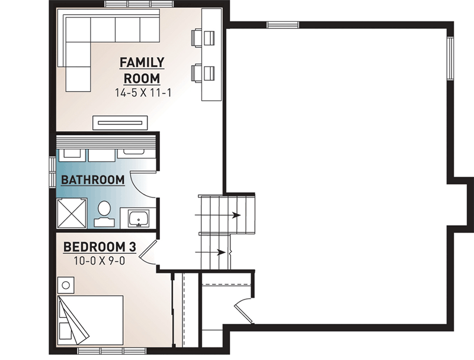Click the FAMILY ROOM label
tap(142, 71)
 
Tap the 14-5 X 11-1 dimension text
tap(143, 93)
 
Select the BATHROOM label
tap(93, 180)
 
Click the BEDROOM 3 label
tap(100, 247)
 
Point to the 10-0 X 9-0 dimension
tap(100, 260)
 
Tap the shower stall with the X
tap(72, 213)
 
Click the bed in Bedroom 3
tap(91, 320)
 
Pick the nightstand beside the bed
tap(66, 285)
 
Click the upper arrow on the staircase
tap(218, 215)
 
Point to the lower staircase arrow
tap(210, 252)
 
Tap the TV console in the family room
tap(120, 123)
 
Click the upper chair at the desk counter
tap(203, 39)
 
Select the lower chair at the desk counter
tap(203, 73)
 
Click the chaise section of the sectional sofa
tap(78, 66)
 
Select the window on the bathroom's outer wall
tap(53, 173)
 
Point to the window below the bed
tap(112, 351)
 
